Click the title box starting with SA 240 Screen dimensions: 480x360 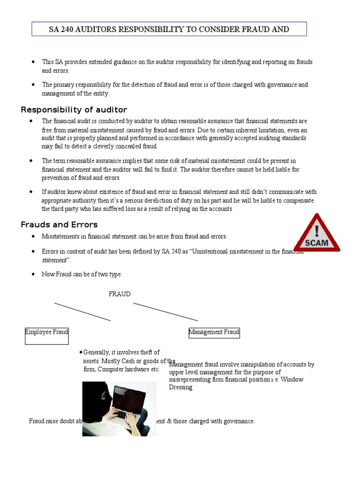point(169,29)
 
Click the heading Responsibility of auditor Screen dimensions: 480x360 point(74,110)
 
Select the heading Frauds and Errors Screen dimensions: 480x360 point(59,225)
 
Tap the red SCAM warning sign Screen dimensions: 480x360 point(317,233)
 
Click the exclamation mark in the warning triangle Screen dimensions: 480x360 point(317,230)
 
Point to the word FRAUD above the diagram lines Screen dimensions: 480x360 point(120,294)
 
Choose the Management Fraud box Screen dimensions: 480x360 point(214,332)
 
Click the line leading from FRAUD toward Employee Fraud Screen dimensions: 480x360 point(82,312)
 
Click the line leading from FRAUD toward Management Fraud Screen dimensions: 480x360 point(165,312)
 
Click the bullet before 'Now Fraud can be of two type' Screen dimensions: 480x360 point(32,274)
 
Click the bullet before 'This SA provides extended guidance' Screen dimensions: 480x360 point(32,62)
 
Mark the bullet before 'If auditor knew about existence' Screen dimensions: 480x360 point(32,192)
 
